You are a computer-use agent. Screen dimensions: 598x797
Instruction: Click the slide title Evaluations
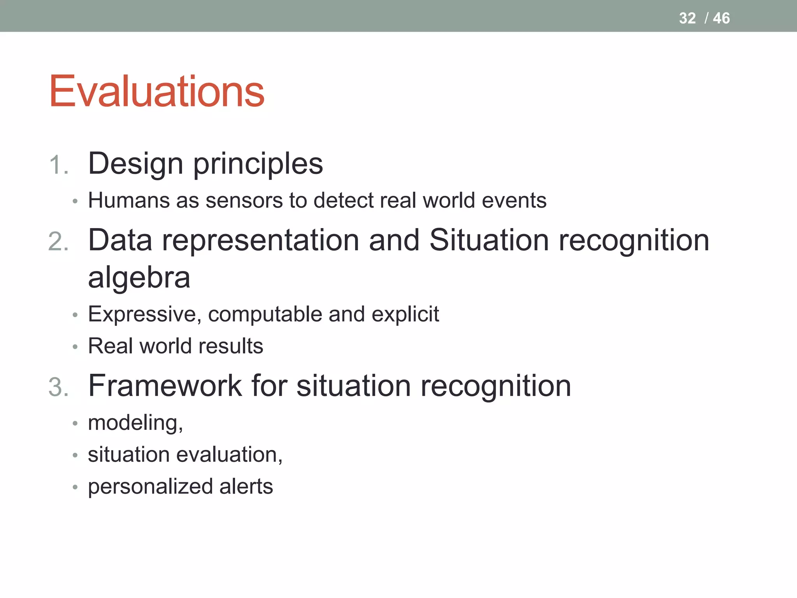(x=156, y=91)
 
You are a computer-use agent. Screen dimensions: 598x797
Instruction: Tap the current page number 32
(x=687, y=18)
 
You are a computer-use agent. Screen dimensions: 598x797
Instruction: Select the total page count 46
(x=721, y=18)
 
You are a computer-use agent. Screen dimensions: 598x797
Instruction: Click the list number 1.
(x=58, y=165)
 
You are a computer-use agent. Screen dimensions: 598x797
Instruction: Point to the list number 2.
(x=58, y=242)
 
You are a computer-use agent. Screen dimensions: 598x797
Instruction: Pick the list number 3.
(x=58, y=388)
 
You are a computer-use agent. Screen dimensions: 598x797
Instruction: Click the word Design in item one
(x=135, y=164)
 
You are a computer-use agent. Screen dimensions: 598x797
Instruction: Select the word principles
(x=258, y=164)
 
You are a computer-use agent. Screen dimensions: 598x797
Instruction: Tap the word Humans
(x=129, y=201)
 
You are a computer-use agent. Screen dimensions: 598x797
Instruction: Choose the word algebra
(x=139, y=277)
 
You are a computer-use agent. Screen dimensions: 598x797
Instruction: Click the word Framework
(x=165, y=386)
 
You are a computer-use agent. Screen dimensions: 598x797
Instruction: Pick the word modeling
(x=135, y=423)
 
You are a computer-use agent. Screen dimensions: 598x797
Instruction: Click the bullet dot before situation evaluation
(x=75, y=455)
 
